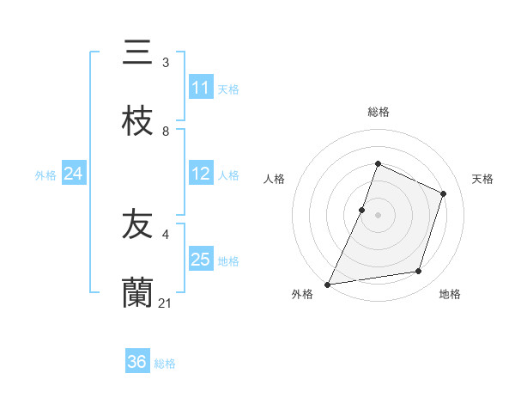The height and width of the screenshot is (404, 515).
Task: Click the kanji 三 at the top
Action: tap(137, 53)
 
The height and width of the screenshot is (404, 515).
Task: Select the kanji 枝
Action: tap(137, 122)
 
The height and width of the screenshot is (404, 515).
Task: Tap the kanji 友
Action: tap(137, 225)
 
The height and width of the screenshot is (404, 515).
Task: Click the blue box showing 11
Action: tap(201, 88)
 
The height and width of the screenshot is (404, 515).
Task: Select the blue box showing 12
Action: tap(201, 174)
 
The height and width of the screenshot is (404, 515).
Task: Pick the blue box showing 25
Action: tap(201, 260)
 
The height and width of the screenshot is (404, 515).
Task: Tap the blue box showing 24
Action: tap(74, 174)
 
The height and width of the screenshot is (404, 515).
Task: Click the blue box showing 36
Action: tap(137, 362)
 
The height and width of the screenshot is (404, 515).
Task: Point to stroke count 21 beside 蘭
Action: tap(167, 303)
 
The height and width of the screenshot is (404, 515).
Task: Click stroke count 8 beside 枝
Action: tap(166, 132)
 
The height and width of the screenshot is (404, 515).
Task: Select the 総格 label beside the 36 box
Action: tap(165, 363)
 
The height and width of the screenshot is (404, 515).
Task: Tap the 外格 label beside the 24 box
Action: tap(45, 175)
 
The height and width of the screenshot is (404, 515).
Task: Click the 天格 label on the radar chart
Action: tap(482, 179)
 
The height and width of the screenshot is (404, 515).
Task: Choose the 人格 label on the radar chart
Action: tap(274, 179)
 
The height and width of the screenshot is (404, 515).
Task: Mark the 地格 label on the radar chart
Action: tap(450, 295)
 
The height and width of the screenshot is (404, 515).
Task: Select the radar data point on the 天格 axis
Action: tap(444, 193)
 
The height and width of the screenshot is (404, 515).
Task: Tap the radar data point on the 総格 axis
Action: tap(378, 163)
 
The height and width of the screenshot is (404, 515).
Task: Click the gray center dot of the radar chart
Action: tap(378, 214)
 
